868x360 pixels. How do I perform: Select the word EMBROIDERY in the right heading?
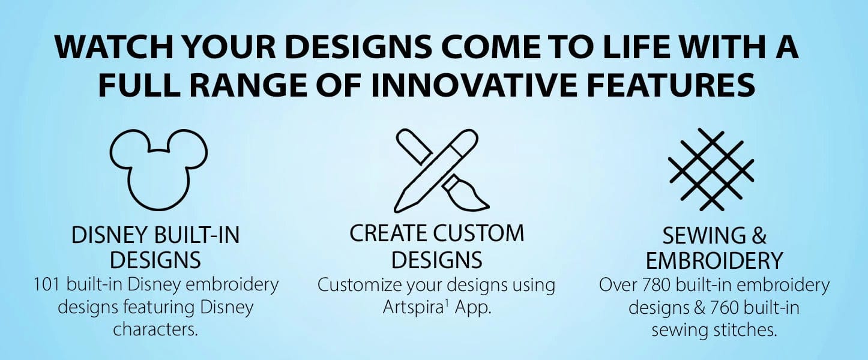pos(714,260)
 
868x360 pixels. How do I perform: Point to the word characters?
pos(155,329)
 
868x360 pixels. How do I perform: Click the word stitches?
pos(740,329)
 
